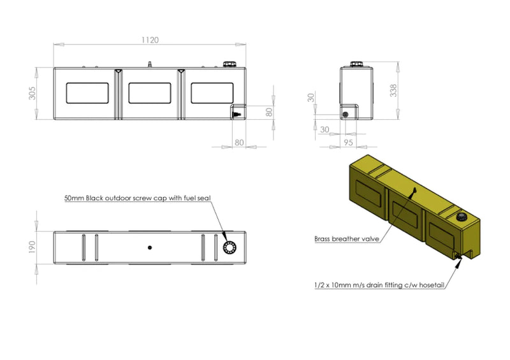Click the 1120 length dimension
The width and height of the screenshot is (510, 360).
tap(150, 40)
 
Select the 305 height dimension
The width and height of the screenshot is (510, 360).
tap(33, 93)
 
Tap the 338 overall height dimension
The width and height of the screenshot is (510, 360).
tap(393, 90)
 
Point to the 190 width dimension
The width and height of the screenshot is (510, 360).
tap(32, 247)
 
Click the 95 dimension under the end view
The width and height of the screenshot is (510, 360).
tap(348, 143)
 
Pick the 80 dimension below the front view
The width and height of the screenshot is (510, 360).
tap(239, 143)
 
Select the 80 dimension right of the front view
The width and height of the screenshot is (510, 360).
tap(269, 112)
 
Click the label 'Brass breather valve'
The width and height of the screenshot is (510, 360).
tap(347, 239)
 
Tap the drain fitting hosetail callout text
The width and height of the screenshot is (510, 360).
tap(379, 285)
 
